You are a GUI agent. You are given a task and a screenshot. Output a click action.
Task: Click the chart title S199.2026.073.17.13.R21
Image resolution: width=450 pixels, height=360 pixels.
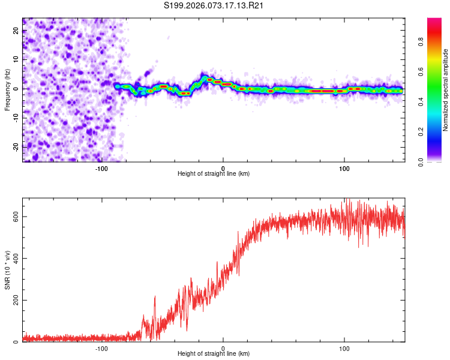[x=214, y=6]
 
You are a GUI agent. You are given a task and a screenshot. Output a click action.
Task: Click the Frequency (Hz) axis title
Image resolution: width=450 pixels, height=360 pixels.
[x=7, y=90]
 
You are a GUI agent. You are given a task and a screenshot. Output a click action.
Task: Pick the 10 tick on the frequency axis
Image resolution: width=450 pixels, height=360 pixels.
[x=17, y=60]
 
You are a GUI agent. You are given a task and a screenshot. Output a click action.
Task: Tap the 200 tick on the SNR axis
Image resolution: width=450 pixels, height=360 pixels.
[x=14, y=300]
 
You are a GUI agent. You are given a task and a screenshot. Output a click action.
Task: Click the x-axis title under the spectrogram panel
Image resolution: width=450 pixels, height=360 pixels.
[x=214, y=174]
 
